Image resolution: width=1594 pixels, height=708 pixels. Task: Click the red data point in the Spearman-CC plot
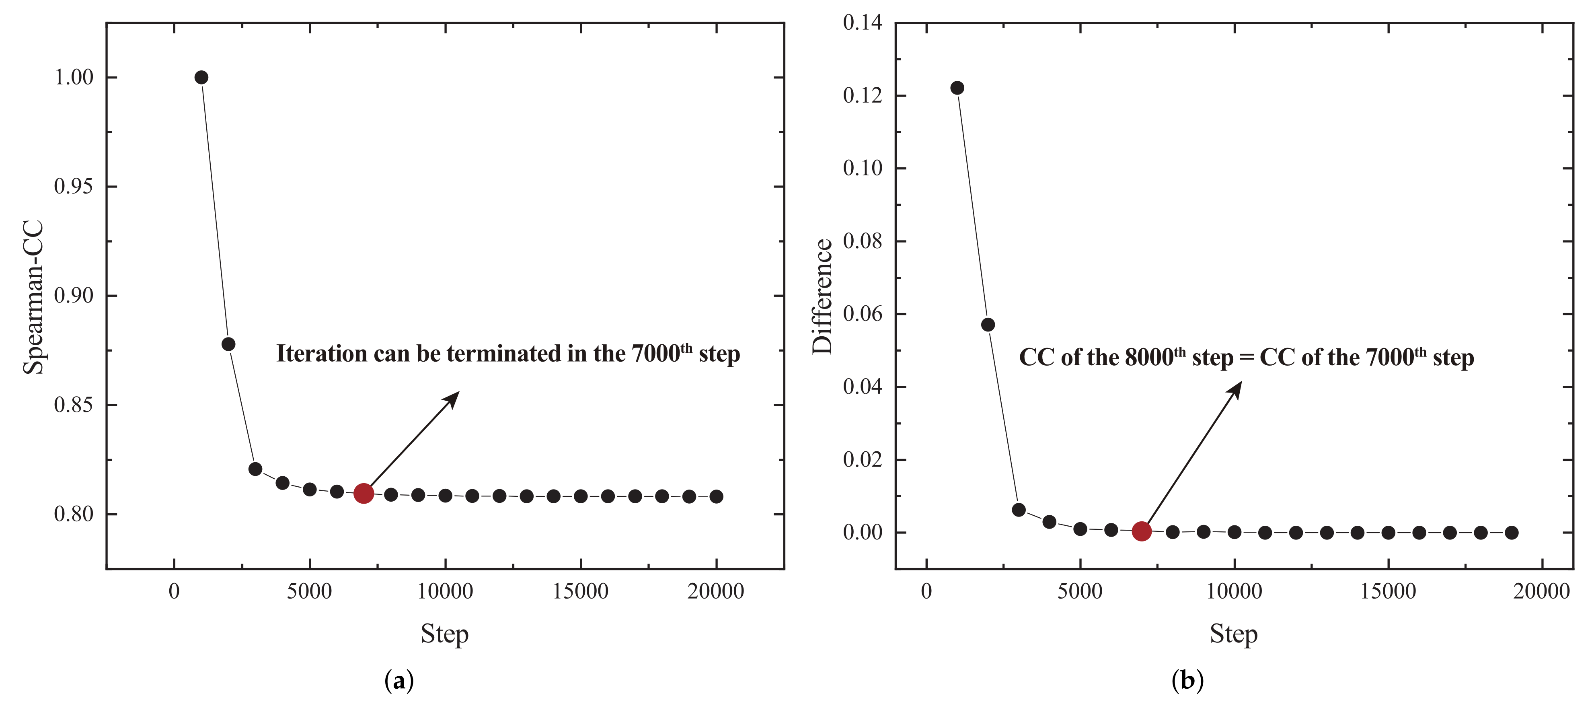tap(363, 493)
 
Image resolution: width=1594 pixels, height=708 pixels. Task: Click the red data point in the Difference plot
tap(1142, 531)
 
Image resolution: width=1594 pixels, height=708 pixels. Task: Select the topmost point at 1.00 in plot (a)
tap(201, 77)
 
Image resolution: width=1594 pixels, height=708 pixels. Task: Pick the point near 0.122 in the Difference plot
tap(957, 88)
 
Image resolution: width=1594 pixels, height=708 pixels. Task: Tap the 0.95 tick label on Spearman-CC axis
tap(73, 186)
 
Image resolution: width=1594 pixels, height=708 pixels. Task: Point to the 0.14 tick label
tap(863, 23)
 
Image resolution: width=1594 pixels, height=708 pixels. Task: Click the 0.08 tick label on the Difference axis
tap(863, 241)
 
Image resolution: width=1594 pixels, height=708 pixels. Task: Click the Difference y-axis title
tap(822, 296)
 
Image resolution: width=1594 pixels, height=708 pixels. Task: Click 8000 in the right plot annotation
tap(1149, 358)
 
